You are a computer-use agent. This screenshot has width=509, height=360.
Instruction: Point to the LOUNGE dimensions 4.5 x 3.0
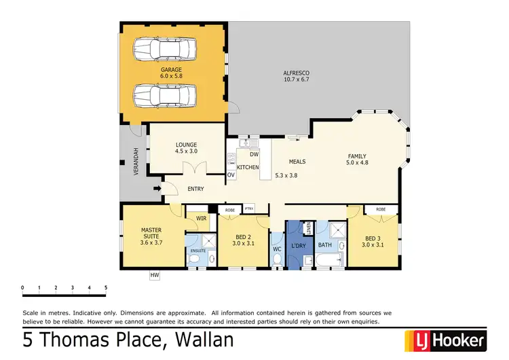(x=186, y=151)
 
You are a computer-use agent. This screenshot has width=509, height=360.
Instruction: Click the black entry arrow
(x=158, y=190)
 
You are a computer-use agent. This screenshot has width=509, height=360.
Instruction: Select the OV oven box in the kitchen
(x=231, y=175)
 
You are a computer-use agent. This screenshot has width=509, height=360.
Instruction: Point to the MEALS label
(x=297, y=162)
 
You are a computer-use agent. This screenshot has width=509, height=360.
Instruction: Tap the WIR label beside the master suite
(x=201, y=218)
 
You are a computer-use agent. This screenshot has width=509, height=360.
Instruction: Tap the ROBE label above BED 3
(x=381, y=209)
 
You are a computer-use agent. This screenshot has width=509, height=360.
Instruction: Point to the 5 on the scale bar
(x=106, y=288)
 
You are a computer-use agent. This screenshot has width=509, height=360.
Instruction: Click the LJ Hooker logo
(x=445, y=340)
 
